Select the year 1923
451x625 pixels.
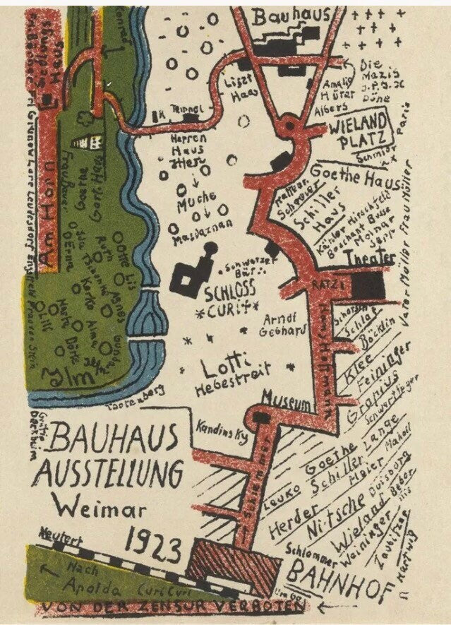coord(154,546)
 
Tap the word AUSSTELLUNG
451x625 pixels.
coord(110,470)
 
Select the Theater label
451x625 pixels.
coord(368,259)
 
